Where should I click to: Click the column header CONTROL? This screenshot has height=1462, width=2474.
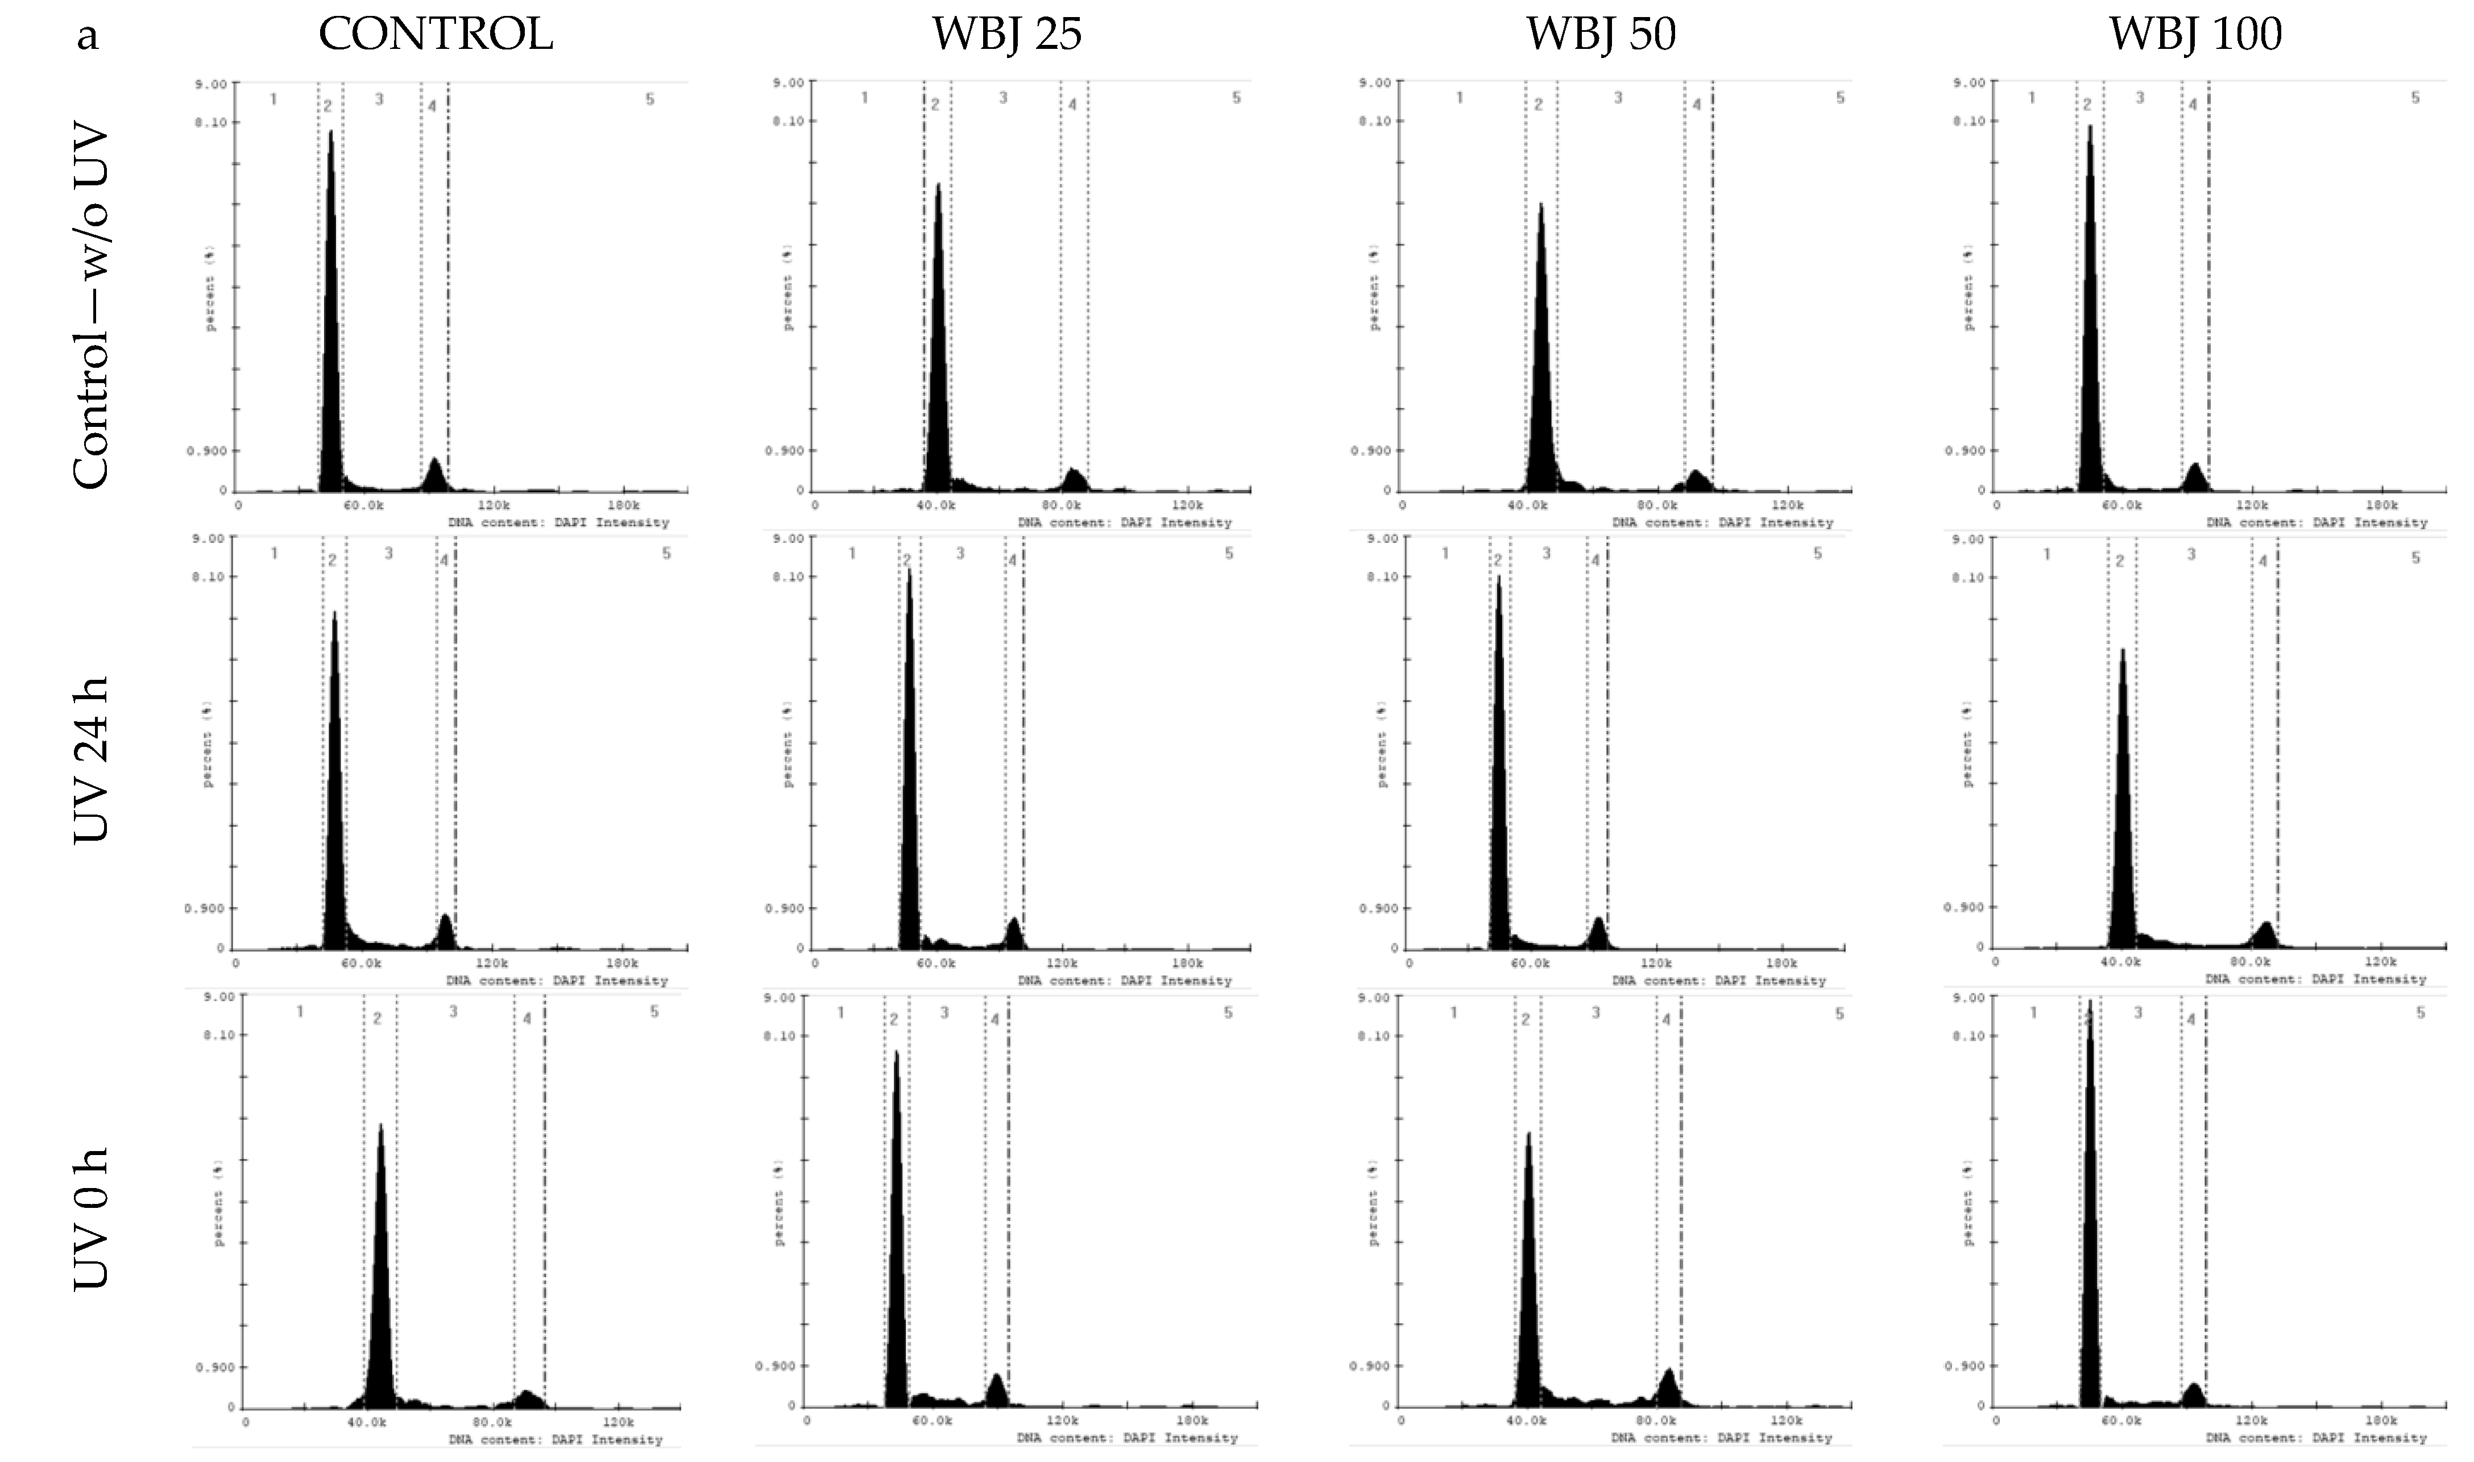click(x=436, y=35)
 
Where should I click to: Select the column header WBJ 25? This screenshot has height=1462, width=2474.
click(x=1007, y=35)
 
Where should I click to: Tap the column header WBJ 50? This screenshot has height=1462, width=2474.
click(x=1601, y=35)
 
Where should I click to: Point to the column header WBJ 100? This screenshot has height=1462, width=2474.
click(x=2195, y=35)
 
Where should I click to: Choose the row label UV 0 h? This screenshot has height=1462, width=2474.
click(x=90, y=1219)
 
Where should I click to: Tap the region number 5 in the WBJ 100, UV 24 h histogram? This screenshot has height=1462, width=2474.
click(x=2415, y=558)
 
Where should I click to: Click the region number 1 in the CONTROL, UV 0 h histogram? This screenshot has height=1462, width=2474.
click(x=300, y=1012)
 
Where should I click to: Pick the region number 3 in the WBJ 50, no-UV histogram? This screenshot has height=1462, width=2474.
click(x=1618, y=98)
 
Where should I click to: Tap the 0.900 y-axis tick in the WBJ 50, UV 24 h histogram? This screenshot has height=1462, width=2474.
click(x=1379, y=907)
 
